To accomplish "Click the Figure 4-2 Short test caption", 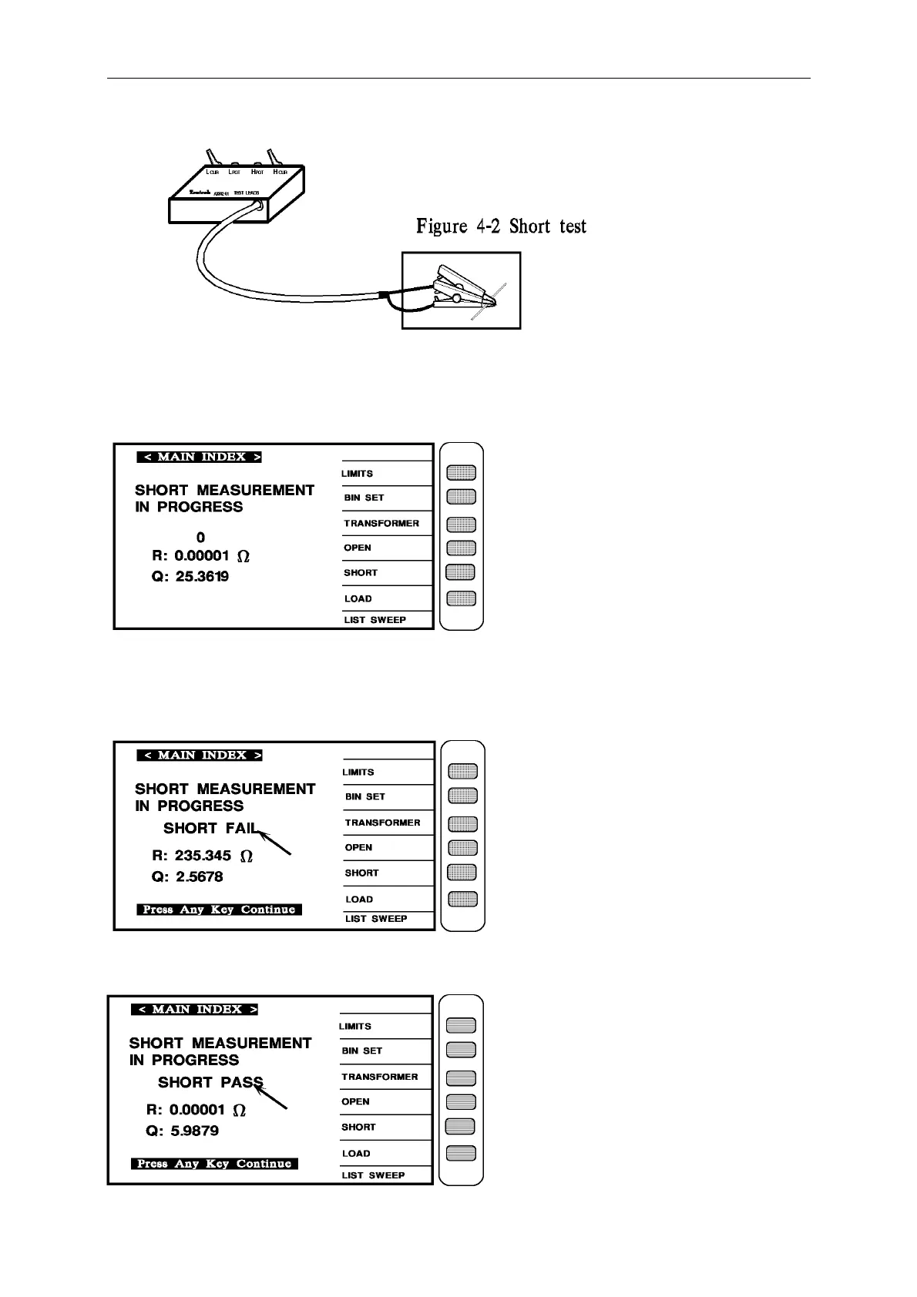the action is click(x=501, y=226).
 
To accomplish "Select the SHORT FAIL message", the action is click(x=209, y=829).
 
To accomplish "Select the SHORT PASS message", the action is click(x=210, y=1083).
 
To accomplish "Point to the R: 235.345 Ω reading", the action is click(x=203, y=856).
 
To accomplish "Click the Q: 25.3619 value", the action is click(x=190, y=577).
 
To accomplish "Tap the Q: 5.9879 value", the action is click(x=183, y=1131).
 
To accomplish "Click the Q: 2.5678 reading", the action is click(x=187, y=877).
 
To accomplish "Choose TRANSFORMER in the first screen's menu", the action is click(x=381, y=524).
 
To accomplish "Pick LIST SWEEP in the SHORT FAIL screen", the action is click(x=376, y=919).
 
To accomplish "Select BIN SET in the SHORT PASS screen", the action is click(x=362, y=1051).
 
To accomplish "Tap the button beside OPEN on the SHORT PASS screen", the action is click(x=461, y=1102).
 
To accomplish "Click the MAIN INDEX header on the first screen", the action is click(x=200, y=457).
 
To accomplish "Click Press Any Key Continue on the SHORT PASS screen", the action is click(x=214, y=1164).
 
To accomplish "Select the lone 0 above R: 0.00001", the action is click(x=201, y=538).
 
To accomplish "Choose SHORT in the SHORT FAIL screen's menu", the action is click(x=361, y=873).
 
